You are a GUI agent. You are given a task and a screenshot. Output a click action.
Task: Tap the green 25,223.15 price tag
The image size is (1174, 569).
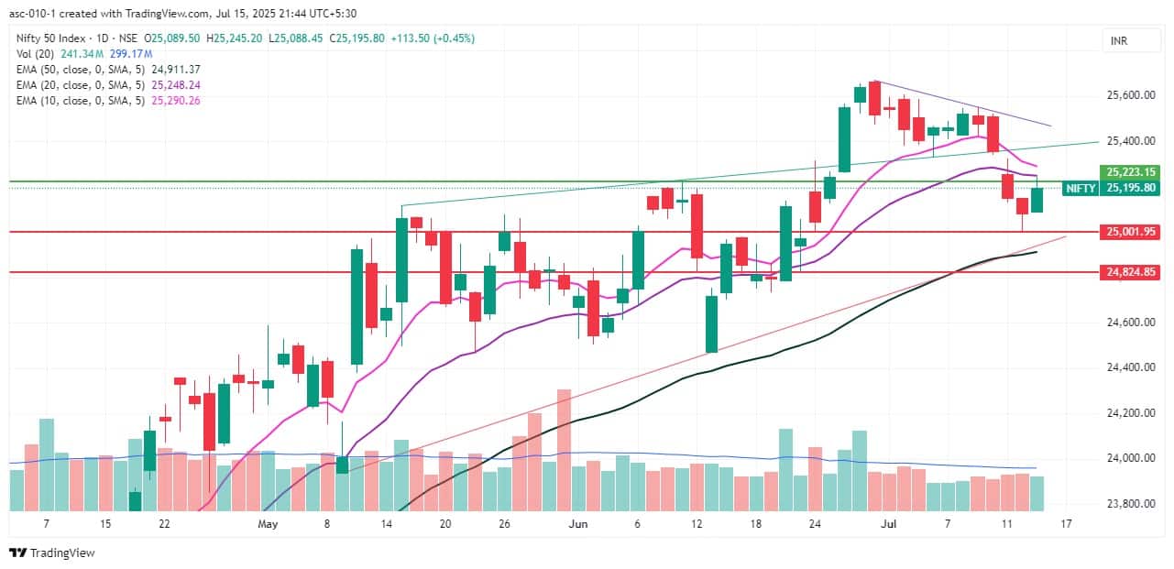pos(1132,171)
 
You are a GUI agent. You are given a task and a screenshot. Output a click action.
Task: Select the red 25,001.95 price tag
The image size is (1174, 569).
pos(1132,232)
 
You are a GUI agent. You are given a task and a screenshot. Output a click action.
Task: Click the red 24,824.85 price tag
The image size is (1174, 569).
pos(1132,272)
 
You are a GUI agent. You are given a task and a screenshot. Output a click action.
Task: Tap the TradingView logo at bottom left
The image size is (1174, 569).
pos(52,553)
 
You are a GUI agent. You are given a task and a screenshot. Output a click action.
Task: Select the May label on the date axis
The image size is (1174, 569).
pos(268,524)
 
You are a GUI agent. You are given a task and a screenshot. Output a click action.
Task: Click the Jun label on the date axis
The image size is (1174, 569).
pos(578,524)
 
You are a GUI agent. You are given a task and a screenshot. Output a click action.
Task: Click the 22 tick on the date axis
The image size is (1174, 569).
pos(164,524)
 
